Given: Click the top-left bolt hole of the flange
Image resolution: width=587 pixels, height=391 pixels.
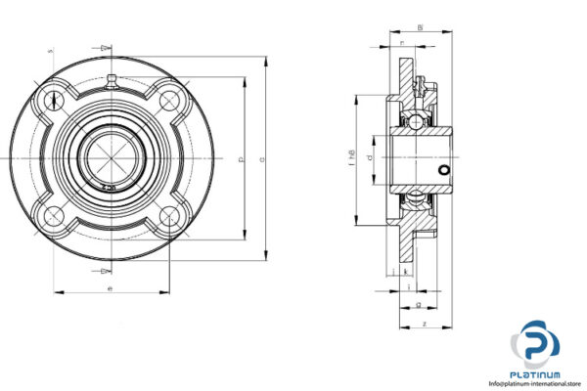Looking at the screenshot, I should [x=51, y=100].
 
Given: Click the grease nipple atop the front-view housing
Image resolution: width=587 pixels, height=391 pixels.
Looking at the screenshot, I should [x=112, y=80].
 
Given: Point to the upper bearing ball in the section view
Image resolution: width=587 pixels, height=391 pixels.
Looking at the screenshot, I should [x=416, y=120].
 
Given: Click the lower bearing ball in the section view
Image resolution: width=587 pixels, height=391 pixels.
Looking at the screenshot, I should [x=416, y=198].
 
